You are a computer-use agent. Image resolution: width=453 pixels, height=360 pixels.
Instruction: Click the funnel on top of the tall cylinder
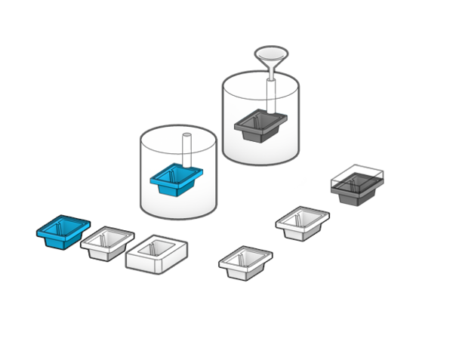tap(270, 57)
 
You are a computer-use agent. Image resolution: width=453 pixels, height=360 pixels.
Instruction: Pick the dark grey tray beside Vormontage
tap(356, 187)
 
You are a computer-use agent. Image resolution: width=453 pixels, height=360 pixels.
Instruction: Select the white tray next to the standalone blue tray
tap(107, 242)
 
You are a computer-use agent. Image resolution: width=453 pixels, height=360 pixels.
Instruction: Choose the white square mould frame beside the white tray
tap(156, 253)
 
